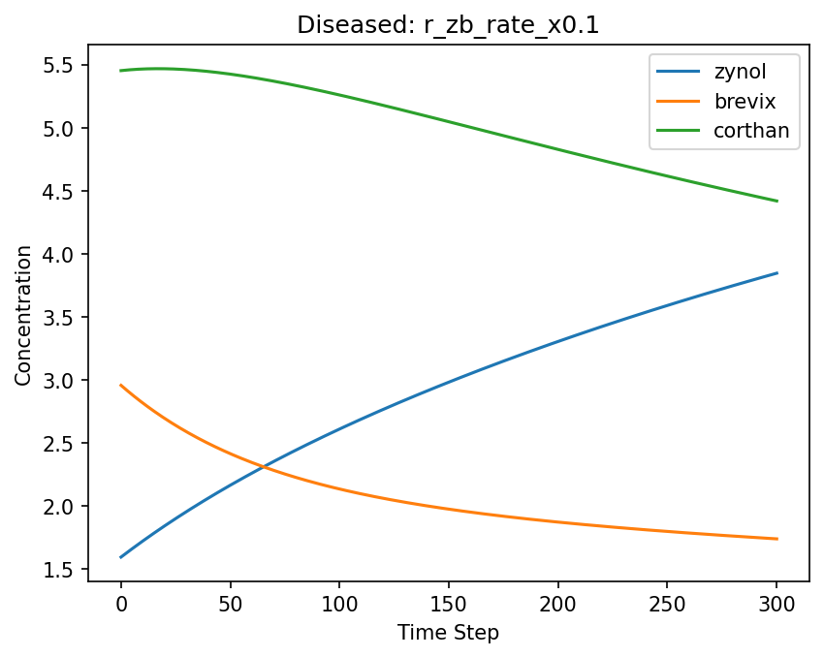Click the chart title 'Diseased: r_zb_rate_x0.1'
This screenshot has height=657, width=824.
click(x=447, y=25)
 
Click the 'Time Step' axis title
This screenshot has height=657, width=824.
click(x=448, y=634)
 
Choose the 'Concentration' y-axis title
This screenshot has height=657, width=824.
click(x=23, y=315)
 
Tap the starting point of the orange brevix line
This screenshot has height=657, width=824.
click(x=121, y=385)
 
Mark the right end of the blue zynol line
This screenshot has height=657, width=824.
click(x=776, y=273)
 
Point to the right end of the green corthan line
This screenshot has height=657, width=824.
click(x=776, y=201)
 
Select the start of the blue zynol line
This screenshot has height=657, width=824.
click(x=121, y=557)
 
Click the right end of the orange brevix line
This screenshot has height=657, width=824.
click(x=776, y=539)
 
